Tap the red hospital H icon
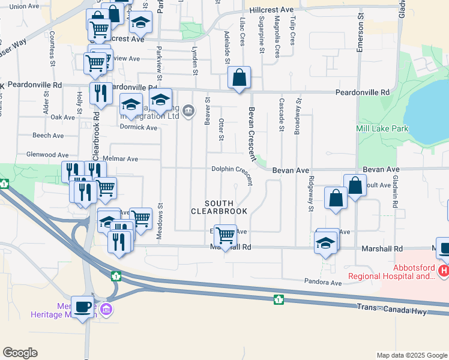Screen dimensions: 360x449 (x=444, y=271)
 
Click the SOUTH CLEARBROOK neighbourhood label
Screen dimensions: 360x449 (x=219, y=208)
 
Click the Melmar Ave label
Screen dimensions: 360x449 (x=121, y=159)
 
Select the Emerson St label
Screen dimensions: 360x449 (x=361, y=35)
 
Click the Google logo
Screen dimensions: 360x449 (x=20, y=353)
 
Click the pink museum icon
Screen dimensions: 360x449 (x=106, y=310)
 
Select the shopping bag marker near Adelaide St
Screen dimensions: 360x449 (x=239, y=77)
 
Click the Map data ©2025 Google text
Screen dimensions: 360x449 (x=412, y=355)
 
